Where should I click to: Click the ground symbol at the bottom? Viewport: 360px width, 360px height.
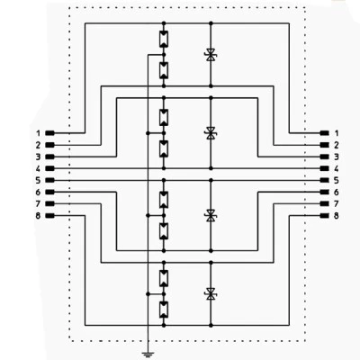point(148,355)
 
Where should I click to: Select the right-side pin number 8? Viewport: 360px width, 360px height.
point(336,216)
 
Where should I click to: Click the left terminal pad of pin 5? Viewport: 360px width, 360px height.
point(49,180)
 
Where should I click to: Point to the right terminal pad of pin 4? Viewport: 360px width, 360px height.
point(325,168)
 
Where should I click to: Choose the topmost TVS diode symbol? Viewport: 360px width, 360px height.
point(211,55)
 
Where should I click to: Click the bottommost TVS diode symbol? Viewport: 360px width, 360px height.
point(211,293)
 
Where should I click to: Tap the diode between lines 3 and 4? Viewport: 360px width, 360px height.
point(211,133)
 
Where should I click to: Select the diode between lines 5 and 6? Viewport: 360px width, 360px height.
point(211,215)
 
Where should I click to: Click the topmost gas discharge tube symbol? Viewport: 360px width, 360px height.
point(164,39)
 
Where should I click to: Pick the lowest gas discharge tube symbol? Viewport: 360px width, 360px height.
point(164,310)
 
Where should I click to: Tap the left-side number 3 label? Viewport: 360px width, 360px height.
point(38,157)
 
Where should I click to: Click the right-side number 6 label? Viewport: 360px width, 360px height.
point(336,193)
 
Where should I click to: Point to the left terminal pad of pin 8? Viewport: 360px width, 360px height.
point(49,216)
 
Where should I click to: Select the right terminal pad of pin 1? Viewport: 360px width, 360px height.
point(325,133)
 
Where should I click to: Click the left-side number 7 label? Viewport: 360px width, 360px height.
point(38,204)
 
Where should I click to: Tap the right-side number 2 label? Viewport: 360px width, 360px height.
point(336,145)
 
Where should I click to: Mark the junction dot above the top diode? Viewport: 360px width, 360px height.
point(211,23)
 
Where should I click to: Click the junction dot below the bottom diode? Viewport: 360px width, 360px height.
point(211,325)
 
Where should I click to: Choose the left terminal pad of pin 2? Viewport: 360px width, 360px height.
point(49,145)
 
